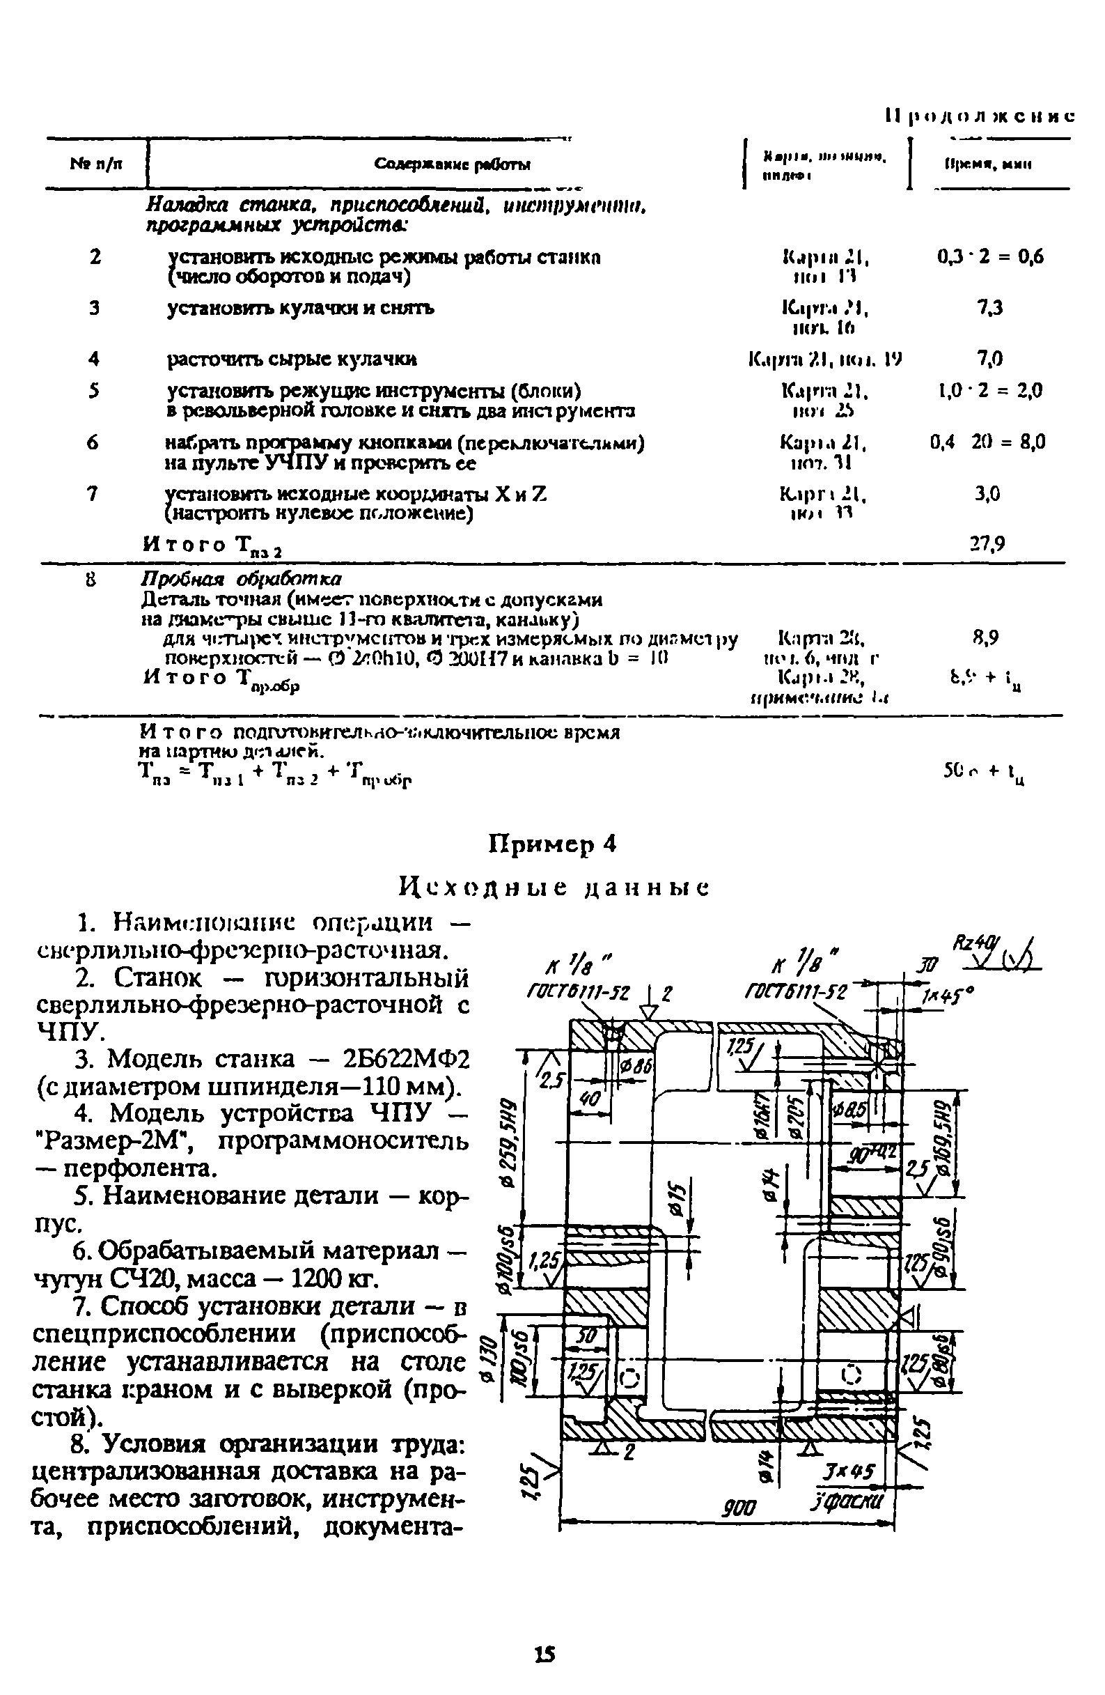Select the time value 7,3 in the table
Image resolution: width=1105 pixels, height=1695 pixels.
[x=989, y=308]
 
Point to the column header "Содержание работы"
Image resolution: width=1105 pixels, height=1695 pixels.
[x=452, y=164]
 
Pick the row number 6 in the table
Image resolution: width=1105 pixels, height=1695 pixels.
[x=93, y=442]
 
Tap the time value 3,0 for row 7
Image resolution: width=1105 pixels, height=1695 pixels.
[x=987, y=493]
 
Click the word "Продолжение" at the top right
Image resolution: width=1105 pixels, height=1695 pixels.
[x=980, y=117]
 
